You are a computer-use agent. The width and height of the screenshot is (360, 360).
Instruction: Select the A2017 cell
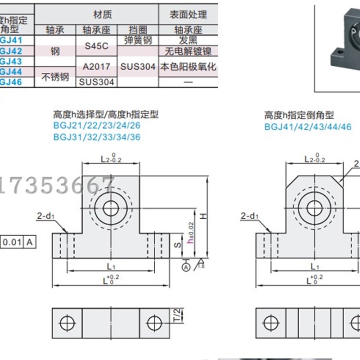tap(97, 66)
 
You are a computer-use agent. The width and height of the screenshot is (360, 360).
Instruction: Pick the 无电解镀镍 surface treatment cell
tap(189, 51)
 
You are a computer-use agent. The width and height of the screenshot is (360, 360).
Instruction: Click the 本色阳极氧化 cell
tap(189, 66)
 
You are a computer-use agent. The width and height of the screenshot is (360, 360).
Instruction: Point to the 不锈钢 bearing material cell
tap(56, 76)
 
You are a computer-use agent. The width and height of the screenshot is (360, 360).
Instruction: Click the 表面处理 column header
tap(189, 15)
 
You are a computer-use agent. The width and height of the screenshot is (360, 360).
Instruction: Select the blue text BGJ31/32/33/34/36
tap(97, 137)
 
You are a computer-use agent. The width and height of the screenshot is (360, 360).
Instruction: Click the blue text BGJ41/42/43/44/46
tap(307, 126)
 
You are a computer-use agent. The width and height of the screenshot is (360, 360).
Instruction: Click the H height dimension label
tap(203, 217)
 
